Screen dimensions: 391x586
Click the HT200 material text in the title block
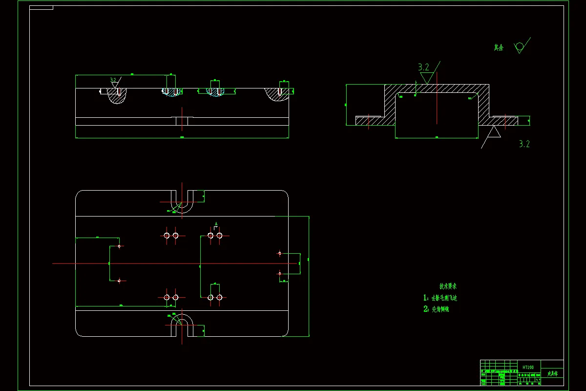point(528,367)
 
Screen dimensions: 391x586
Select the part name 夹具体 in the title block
point(552,373)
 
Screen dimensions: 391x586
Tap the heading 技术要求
point(448,286)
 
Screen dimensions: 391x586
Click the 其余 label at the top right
point(498,48)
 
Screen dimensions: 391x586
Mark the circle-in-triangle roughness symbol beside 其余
point(519,47)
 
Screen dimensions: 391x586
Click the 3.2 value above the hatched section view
point(423,67)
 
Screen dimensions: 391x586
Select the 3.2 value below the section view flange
point(524,144)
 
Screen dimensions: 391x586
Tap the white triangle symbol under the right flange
point(494,132)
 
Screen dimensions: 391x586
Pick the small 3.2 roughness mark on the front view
point(113,80)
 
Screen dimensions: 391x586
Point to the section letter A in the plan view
point(215,224)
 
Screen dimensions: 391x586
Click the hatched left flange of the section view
point(369,120)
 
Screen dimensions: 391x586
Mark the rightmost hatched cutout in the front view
point(279,95)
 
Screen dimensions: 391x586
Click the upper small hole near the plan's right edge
point(280,253)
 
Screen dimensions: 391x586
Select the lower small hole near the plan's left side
point(119,281)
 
